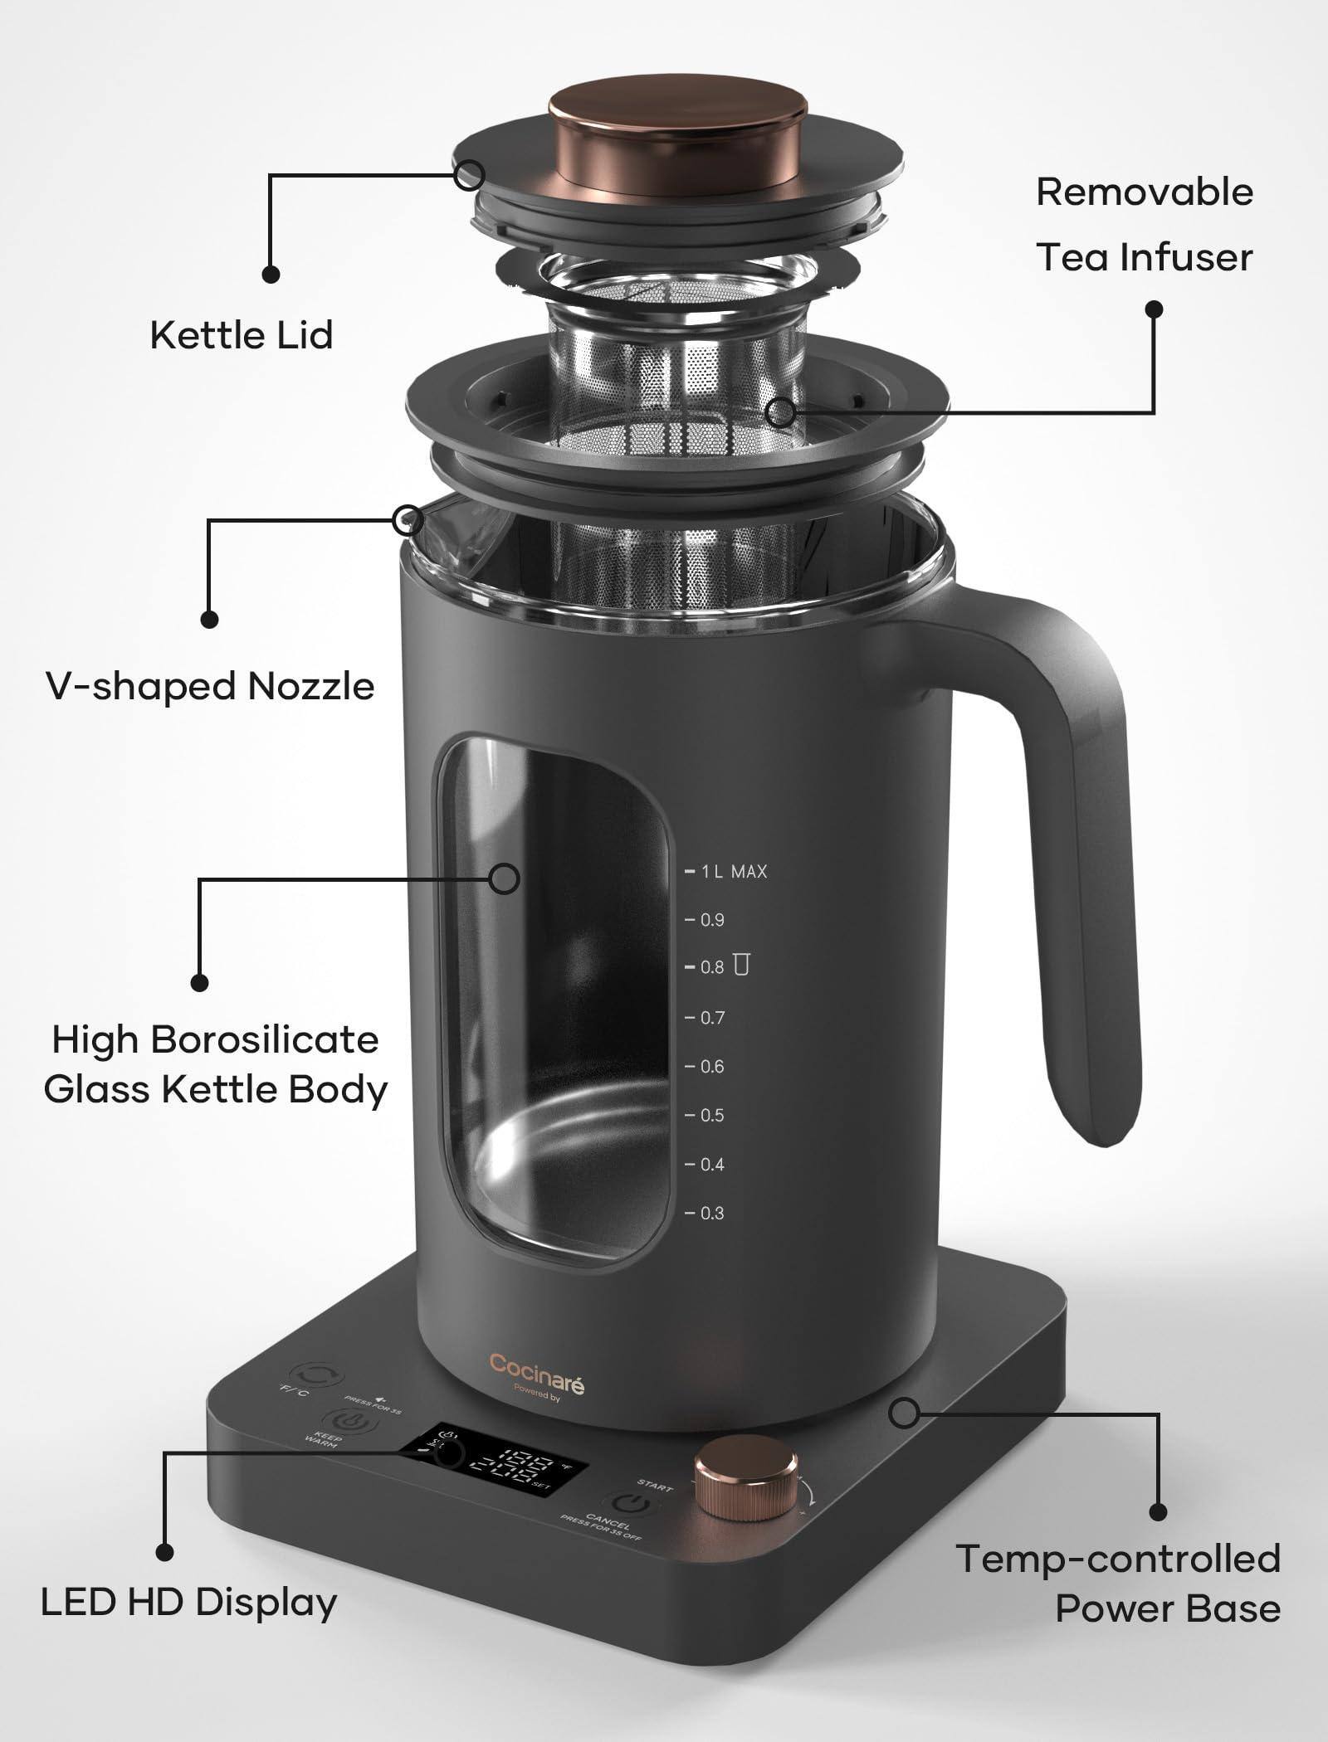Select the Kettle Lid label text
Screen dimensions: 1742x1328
click(241, 335)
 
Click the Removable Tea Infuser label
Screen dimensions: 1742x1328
click(1144, 224)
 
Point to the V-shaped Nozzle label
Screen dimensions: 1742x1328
click(210, 686)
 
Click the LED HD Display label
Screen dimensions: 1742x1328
click(188, 1602)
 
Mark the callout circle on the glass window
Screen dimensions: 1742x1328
click(504, 878)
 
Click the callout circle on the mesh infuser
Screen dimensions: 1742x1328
click(779, 411)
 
